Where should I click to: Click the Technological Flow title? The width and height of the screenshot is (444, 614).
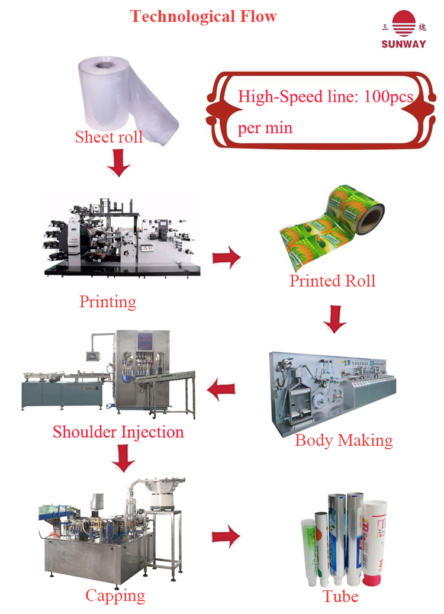click(204, 16)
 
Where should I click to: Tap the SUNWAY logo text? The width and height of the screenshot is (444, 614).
click(404, 44)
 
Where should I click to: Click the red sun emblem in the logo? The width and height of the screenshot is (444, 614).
click(404, 24)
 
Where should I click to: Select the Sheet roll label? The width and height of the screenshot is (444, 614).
click(109, 137)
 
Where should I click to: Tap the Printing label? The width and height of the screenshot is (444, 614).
click(108, 301)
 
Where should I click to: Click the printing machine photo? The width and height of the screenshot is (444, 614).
click(121, 237)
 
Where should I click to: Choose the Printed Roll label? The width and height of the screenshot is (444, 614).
click(332, 280)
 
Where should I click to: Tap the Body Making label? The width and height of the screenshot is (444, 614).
click(343, 440)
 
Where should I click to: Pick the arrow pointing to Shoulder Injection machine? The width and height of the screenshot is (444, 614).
click(220, 389)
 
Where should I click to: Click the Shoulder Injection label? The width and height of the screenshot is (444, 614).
click(118, 432)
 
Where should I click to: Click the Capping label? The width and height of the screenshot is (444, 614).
click(115, 595)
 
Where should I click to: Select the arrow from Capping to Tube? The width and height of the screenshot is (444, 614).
click(226, 536)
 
